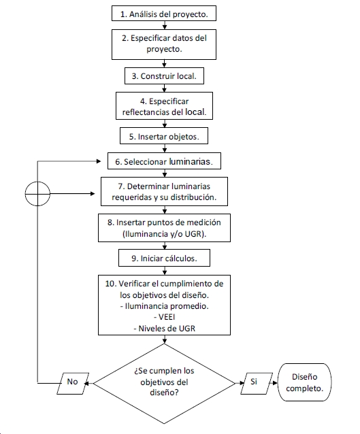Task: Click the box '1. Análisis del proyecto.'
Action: tap(164, 14)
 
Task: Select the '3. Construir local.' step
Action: tap(164, 76)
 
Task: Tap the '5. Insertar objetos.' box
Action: tap(164, 135)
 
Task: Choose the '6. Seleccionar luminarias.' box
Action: tap(164, 161)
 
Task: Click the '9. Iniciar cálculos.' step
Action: tap(164, 258)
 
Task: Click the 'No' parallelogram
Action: tap(73, 384)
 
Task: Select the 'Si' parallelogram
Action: tap(257, 384)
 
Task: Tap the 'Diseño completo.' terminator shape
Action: tap(305, 382)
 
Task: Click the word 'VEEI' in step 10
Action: tap(167, 317)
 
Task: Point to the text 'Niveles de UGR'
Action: tap(167, 329)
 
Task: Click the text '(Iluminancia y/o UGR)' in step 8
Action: tap(163, 234)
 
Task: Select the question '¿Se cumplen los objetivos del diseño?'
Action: tap(164, 382)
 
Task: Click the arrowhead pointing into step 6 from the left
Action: tap(99, 161)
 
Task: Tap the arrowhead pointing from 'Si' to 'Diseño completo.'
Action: tap(275, 384)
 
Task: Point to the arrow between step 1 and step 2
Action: tap(165, 25)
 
